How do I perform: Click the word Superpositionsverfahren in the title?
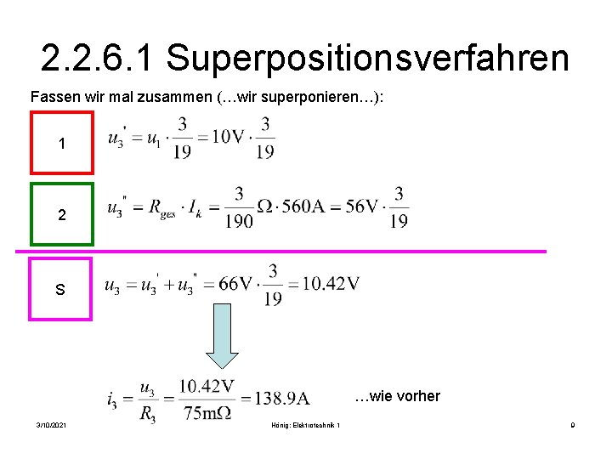click(x=367, y=58)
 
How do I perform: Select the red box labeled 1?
click(x=61, y=144)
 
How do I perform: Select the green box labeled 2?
click(x=61, y=215)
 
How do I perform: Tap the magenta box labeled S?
click(x=60, y=289)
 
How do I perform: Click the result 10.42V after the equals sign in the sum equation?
click(x=326, y=284)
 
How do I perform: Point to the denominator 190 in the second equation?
click(x=240, y=221)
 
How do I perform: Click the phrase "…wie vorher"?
click(x=397, y=396)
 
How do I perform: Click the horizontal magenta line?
click(x=280, y=252)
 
